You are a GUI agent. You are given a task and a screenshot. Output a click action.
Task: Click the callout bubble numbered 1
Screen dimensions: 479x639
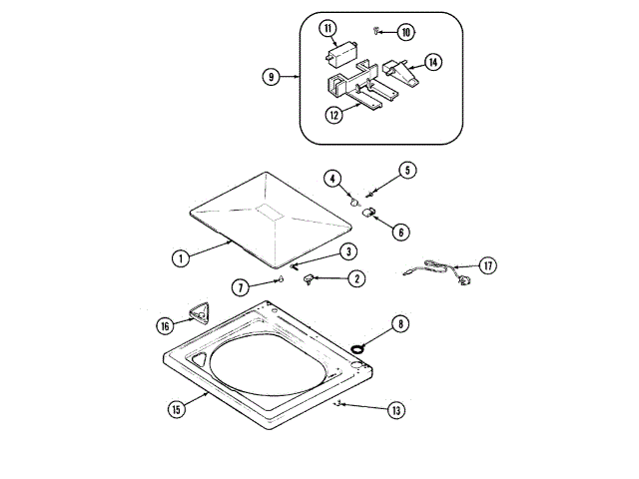coord(180,257)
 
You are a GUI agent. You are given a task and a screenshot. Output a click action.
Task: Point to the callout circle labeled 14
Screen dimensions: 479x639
coord(433,63)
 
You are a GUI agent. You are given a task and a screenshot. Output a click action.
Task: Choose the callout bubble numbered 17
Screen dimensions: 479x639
coord(486,265)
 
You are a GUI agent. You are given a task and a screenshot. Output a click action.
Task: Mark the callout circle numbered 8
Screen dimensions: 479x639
coord(399,323)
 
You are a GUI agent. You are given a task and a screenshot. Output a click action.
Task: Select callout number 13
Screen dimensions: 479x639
coord(396,410)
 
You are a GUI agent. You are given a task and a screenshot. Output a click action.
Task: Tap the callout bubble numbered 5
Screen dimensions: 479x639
coord(407,170)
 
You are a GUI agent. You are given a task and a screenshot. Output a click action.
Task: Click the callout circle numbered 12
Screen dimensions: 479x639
coord(332,115)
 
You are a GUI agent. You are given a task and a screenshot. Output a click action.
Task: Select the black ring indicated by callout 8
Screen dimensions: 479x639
coord(356,348)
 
